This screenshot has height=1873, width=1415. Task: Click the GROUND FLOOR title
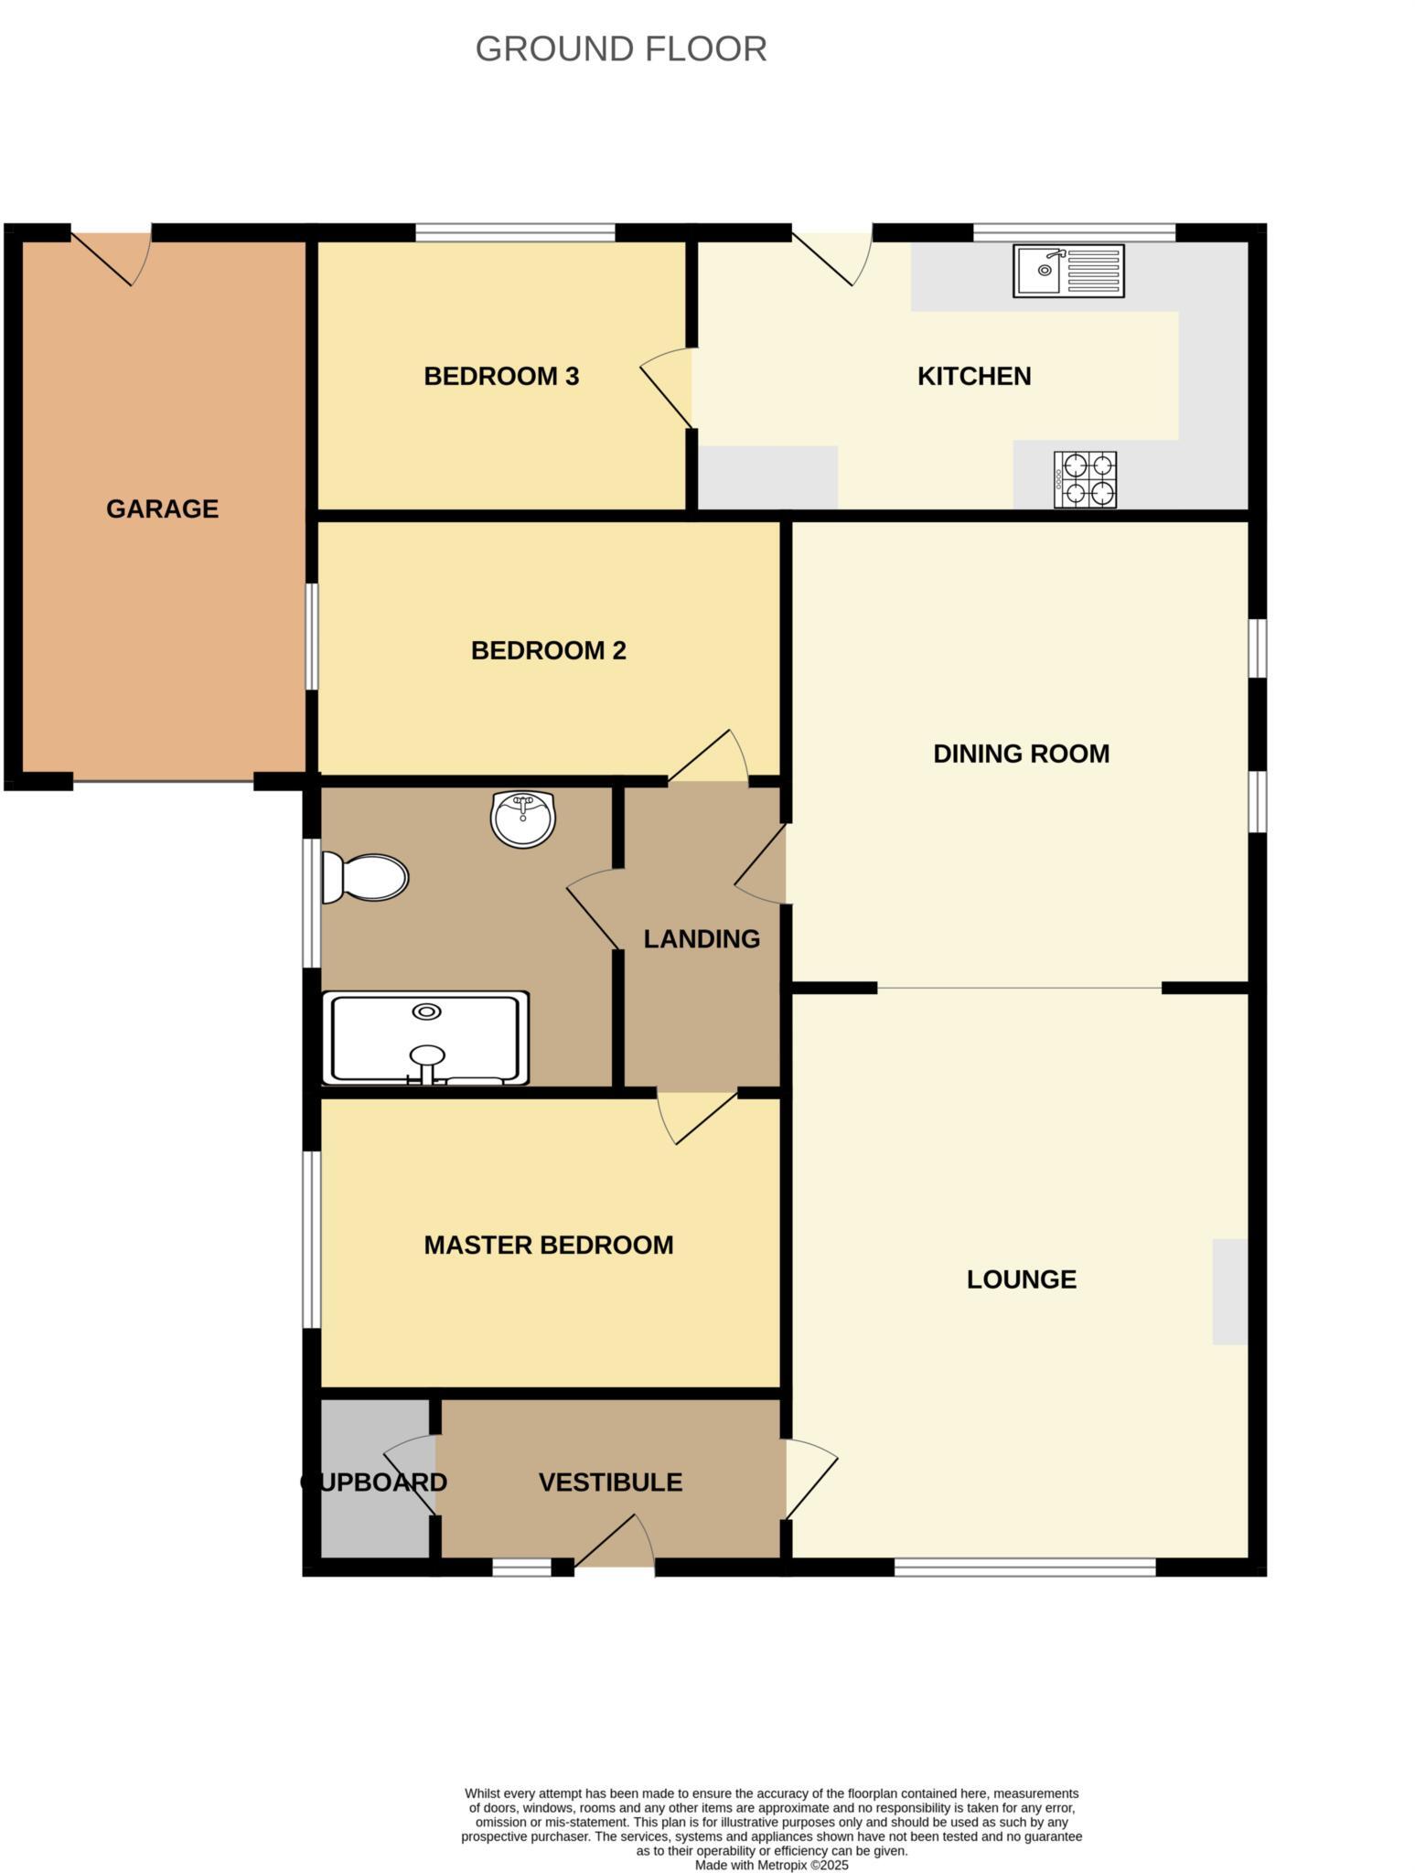click(x=621, y=49)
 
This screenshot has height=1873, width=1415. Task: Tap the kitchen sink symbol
click(x=1068, y=271)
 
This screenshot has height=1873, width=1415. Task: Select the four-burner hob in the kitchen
click(x=1085, y=479)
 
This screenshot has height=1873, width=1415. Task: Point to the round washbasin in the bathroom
click(x=523, y=819)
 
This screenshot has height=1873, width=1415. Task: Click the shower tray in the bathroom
click(x=426, y=1039)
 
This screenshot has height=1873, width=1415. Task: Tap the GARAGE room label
click(x=162, y=509)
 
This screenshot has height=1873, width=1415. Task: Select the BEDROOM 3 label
click(x=501, y=377)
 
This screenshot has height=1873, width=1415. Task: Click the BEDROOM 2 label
click(x=548, y=651)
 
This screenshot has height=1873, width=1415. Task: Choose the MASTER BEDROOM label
click(x=548, y=1246)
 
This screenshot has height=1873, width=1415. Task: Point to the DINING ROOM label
click(x=1021, y=755)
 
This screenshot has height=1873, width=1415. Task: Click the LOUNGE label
click(x=1021, y=1279)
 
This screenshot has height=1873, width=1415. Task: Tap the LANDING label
click(x=702, y=939)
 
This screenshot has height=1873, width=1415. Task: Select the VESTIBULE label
click(x=610, y=1482)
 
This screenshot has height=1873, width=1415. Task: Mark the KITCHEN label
click(x=974, y=377)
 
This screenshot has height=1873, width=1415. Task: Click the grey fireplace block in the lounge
click(x=1229, y=1291)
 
